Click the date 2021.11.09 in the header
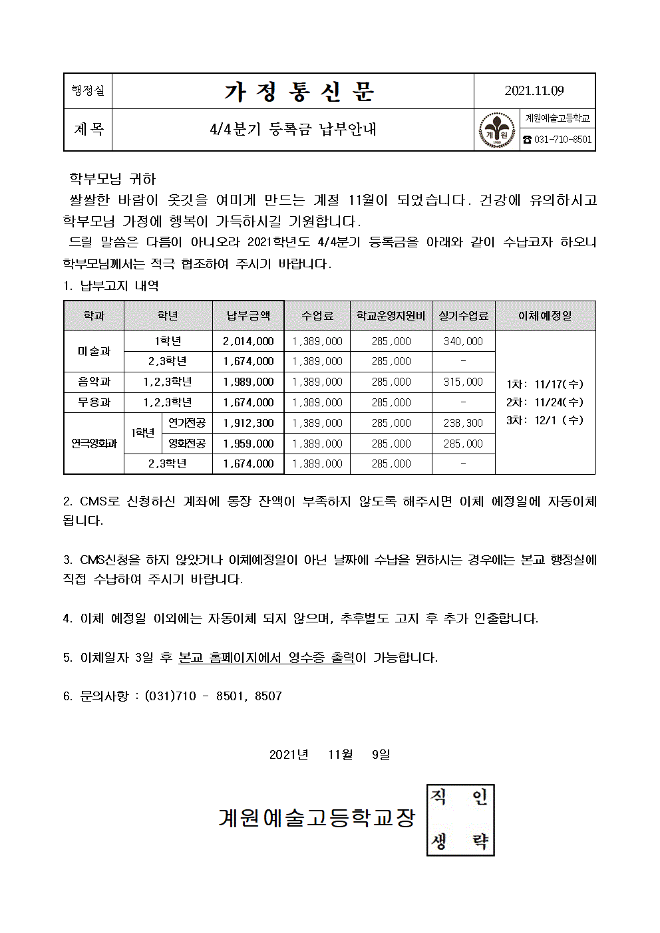(x=534, y=90)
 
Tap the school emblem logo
(x=497, y=130)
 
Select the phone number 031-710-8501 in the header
(x=558, y=140)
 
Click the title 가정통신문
(x=299, y=91)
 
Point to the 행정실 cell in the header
(x=88, y=90)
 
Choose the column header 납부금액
(x=248, y=316)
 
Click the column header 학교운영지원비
(x=391, y=316)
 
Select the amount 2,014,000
(x=248, y=341)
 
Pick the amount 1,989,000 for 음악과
(x=248, y=382)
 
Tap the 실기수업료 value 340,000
(x=463, y=341)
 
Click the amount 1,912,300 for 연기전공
(x=248, y=423)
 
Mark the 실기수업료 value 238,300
(x=463, y=423)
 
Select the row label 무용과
(x=94, y=402)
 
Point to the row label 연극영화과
(x=94, y=444)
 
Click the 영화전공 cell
(x=187, y=444)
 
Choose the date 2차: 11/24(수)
(x=545, y=402)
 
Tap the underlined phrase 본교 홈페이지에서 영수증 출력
(x=266, y=658)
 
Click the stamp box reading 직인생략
(x=460, y=820)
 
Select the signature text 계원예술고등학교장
(x=317, y=817)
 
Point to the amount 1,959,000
(x=248, y=444)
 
